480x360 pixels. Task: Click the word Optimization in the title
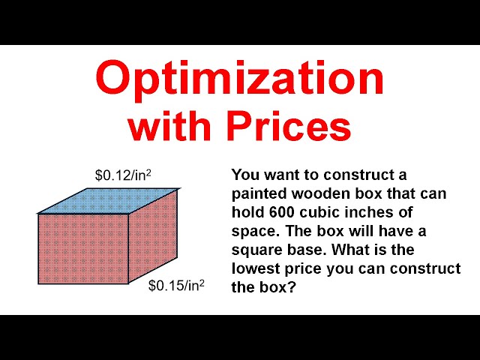(x=239, y=79)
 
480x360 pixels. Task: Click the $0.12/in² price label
(x=123, y=175)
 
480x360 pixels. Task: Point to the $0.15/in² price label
(x=176, y=286)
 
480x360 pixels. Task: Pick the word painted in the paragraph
(x=261, y=193)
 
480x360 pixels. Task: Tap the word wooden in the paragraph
(x=324, y=193)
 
